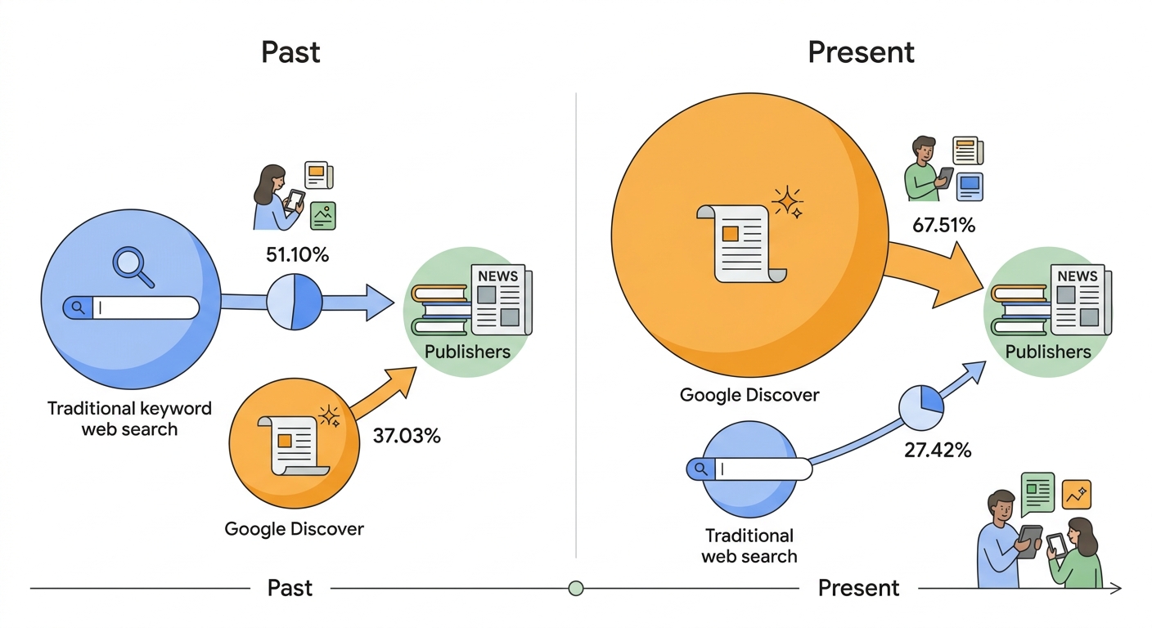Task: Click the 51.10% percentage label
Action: (x=297, y=255)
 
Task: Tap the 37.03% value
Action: (x=407, y=436)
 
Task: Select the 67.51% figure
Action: (x=943, y=225)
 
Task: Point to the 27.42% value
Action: (x=938, y=451)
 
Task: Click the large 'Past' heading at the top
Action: (x=290, y=52)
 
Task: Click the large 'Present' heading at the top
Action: (x=861, y=52)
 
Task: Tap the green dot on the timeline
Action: (x=576, y=588)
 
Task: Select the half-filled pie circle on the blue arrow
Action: (x=295, y=302)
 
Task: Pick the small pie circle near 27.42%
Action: (x=921, y=407)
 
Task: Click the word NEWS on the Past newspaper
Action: (x=497, y=276)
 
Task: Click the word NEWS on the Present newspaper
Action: (x=1078, y=276)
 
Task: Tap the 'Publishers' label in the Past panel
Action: (x=467, y=352)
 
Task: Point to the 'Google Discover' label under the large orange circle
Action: (x=749, y=395)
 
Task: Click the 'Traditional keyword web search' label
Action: (x=129, y=419)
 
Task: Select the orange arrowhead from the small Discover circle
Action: (x=401, y=380)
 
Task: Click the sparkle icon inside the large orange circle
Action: (x=787, y=201)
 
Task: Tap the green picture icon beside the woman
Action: (x=323, y=216)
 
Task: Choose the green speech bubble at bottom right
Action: (x=1037, y=493)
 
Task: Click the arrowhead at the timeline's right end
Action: (x=1117, y=588)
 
